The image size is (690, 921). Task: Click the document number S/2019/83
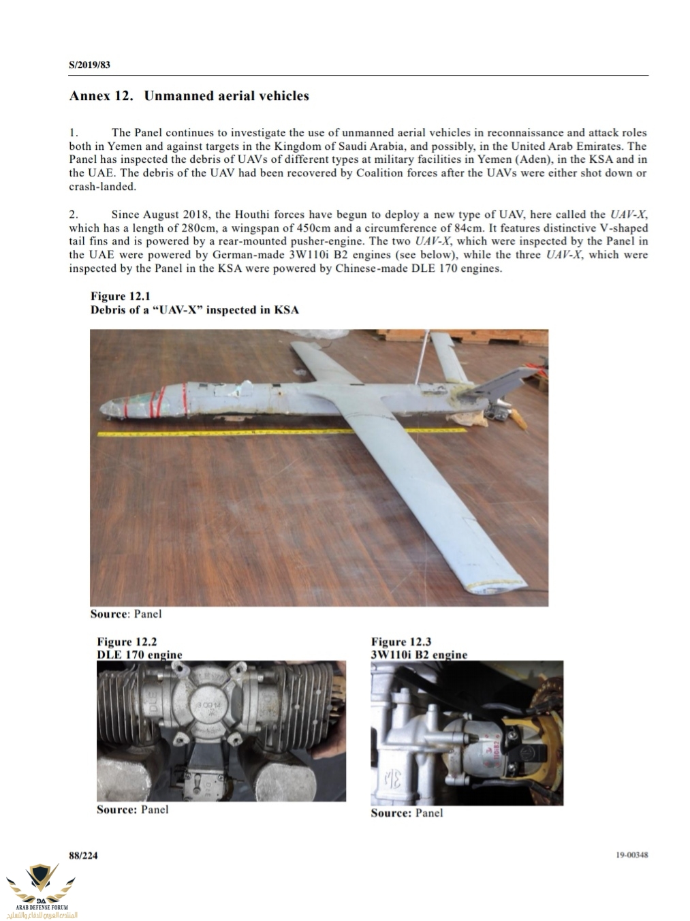89,65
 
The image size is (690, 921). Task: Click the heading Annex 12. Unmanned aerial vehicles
189,96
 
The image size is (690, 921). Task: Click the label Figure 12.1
120,296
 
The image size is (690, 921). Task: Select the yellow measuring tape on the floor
272,432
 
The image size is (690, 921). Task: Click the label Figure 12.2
127,641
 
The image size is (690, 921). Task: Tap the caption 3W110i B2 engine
419,655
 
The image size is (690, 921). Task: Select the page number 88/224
83,856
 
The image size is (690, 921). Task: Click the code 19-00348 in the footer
631,855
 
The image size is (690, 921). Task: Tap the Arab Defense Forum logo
42,889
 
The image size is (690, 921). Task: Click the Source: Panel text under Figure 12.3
407,813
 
